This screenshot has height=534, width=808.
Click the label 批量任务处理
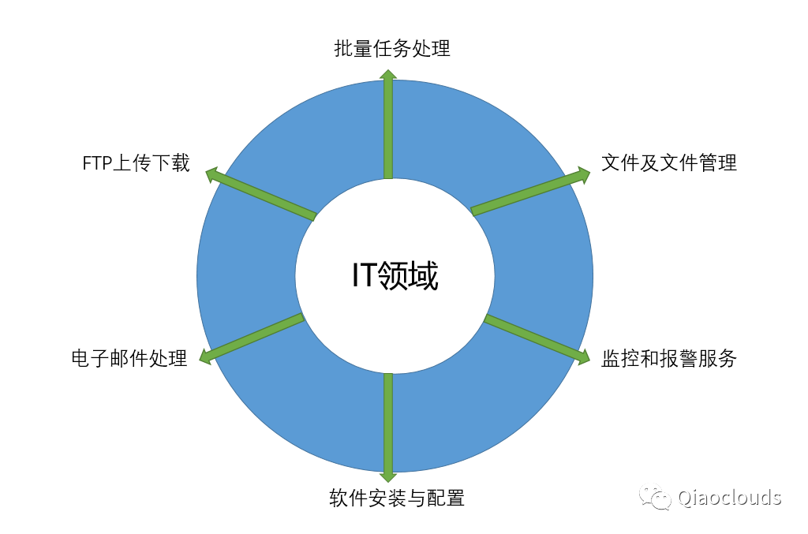pyautogui.click(x=392, y=49)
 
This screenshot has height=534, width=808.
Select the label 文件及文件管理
pyautogui.click(x=668, y=163)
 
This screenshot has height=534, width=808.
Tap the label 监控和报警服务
pyautogui.click(x=668, y=359)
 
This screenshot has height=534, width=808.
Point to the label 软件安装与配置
pyautogui.click(x=397, y=499)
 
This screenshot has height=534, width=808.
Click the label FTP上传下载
pyautogui.click(x=137, y=163)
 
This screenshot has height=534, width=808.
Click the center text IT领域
pyautogui.click(x=395, y=276)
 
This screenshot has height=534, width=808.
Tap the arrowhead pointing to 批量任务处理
pyautogui.click(x=388, y=75)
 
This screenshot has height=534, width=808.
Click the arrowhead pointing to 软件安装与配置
pyautogui.click(x=388, y=475)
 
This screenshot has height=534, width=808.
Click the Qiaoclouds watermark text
pyautogui.click(x=729, y=497)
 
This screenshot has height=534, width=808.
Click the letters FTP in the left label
pyautogui.click(x=99, y=164)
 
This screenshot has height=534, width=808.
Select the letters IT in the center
pyautogui.click(x=364, y=276)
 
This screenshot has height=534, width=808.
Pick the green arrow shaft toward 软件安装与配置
pyautogui.click(x=388, y=422)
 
